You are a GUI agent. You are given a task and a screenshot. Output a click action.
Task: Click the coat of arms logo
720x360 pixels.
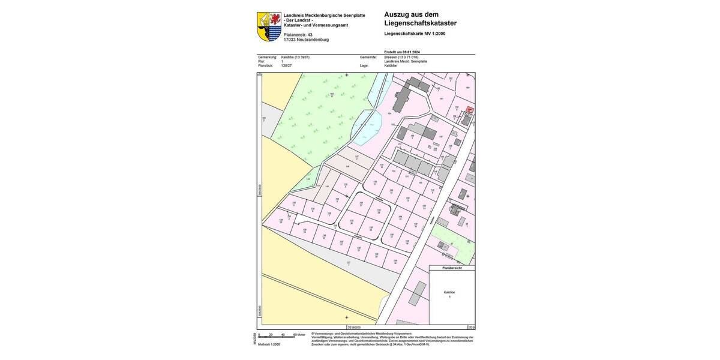[269, 26]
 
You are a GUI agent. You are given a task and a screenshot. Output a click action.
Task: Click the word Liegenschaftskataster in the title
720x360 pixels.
[421, 23]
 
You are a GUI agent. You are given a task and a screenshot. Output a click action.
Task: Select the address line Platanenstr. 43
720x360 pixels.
[298, 35]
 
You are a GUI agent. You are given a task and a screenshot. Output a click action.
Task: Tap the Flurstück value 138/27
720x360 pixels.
[286, 65]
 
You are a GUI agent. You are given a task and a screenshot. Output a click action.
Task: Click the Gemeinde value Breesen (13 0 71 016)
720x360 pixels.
[401, 57]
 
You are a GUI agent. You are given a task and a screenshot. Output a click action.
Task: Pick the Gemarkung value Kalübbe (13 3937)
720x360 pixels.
[295, 57]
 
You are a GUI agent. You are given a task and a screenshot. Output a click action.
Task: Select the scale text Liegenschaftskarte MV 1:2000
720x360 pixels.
[415, 34]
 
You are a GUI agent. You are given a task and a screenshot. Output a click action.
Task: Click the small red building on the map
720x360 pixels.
[470, 110]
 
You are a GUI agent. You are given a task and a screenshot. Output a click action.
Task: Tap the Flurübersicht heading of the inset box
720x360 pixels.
[451, 268]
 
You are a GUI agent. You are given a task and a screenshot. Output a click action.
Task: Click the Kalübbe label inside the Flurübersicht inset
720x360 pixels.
[449, 292]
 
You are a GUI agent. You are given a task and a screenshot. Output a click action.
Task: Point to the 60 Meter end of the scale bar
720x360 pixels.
[299, 335]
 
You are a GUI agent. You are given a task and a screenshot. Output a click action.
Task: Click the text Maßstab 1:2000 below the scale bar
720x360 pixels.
[269, 344]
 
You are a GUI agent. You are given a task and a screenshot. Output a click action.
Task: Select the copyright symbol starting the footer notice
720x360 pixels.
[313, 334]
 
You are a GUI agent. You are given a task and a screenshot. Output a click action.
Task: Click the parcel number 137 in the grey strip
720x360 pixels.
[348, 263]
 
